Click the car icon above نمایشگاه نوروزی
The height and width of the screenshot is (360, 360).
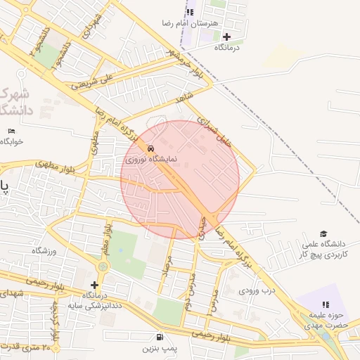[x=151, y=149]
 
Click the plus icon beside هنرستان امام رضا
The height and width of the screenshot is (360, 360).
[x=226, y=37]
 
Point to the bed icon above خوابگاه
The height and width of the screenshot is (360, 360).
[x=11, y=131]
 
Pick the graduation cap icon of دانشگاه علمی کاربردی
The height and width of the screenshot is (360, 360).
[x=323, y=233]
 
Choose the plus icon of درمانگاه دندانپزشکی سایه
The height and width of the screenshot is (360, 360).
[x=94, y=285]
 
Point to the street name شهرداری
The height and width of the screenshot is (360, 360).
[x=88, y=25]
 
